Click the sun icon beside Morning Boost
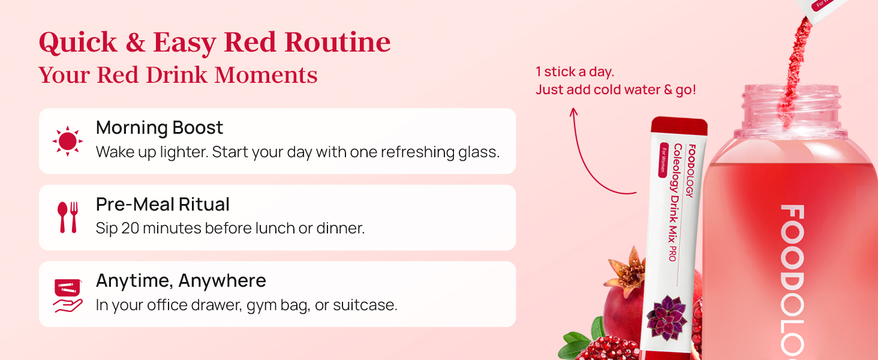tap(67, 141)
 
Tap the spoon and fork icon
tap(67, 217)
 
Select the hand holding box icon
tap(68, 295)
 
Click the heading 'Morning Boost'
tap(160, 128)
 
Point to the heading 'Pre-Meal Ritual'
tap(163, 205)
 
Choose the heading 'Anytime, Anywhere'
tap(181, 281)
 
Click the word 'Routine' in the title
tap(338, 43)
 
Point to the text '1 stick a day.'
tap(575, 72)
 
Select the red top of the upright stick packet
tap(679, 126)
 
